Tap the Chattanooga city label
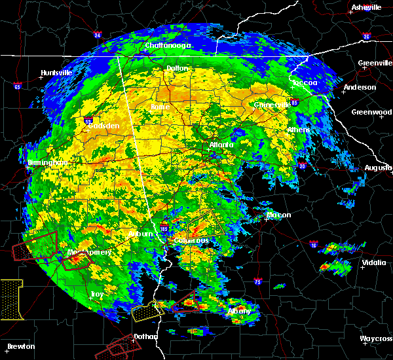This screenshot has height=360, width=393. tap(168, 45)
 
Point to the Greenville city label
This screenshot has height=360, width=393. tap(375, 63)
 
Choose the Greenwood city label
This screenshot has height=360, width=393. tap(371, 112)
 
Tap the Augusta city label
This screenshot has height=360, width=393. tap(378, 168)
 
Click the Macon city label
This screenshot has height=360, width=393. tap(278, 215)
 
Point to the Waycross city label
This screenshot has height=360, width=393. tap(376, 338)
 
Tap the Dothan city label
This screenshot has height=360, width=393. tap(146, 336)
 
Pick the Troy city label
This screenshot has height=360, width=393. tap(96, 294)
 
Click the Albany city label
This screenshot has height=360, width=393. tap(238, 311)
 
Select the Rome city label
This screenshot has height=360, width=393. tap(160, 107)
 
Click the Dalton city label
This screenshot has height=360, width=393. tap(177, 68)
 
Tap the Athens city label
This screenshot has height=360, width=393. tap(299, 130)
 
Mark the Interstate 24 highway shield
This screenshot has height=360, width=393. tap(96, 34)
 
